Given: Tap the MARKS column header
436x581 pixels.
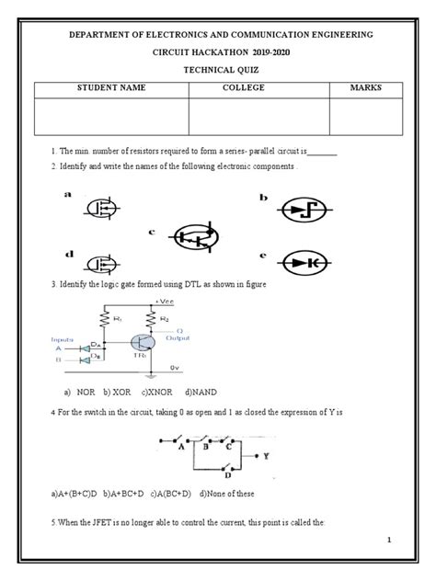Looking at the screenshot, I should tap(365, 87).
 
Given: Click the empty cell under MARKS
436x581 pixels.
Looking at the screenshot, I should tap(365, 116).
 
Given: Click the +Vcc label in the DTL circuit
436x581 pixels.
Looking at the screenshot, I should tap(166, 300).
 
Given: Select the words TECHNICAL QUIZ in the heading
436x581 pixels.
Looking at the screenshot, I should tap(218, 67).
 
